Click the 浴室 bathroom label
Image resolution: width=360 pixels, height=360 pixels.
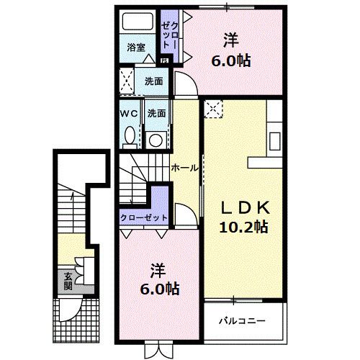137,48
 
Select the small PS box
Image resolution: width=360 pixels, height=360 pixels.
164,61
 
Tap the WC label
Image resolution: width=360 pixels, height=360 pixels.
129,113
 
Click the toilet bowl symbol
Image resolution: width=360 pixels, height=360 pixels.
129,135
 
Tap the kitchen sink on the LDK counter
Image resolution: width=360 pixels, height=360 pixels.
275,139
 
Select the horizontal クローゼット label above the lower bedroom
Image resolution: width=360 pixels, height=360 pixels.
144,217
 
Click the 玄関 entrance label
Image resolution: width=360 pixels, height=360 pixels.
68,279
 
